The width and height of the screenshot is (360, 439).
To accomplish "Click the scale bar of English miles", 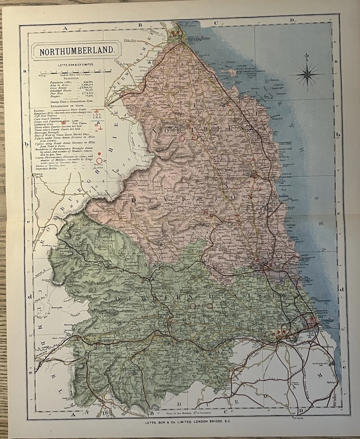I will [x=73, y=72].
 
